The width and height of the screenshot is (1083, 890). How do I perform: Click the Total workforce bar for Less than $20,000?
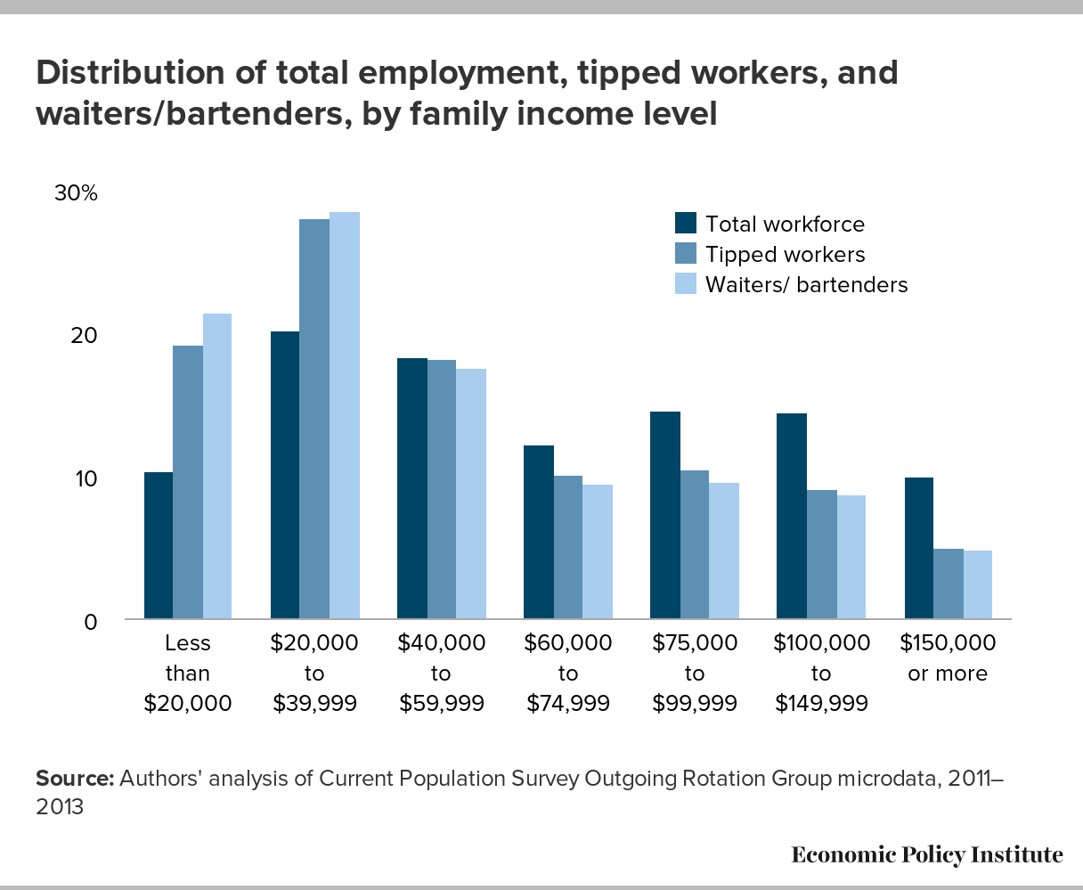[x=159, y=545]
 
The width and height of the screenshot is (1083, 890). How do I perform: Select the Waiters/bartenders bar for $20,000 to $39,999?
[x=345, y=415]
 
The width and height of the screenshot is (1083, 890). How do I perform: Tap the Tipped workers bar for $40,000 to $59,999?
[x=442, y=489]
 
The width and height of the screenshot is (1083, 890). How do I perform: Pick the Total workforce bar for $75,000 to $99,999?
[x=665, y=515]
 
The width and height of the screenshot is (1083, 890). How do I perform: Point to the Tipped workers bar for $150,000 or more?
[x=948, y=584]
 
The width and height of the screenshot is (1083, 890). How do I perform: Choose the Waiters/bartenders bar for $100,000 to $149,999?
[x=851, y=557]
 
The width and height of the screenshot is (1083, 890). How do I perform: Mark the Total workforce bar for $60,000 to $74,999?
[x=539, y=532]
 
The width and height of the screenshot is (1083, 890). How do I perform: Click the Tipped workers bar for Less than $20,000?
[x=188, y=482]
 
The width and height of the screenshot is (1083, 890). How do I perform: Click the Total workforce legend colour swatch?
[x=686, y=223]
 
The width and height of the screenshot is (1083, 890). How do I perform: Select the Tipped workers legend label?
[x=785, y=255]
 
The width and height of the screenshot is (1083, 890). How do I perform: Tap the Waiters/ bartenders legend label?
[x=806, y=285]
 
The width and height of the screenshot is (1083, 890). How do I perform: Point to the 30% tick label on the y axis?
[x=76, y=193]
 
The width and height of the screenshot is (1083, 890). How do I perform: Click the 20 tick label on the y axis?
[x=84, y=336]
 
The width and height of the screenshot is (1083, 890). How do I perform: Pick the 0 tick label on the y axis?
[x=90, y=621]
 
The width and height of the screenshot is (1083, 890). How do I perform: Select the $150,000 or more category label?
[x=948, y=657]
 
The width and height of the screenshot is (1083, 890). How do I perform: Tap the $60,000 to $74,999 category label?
[x=568, y=673]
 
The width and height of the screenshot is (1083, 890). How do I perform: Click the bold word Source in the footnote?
[x=75, y=778]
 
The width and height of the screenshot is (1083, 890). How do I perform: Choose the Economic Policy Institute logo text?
[x=927, y=855]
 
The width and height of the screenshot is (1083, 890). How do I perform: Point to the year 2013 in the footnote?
[x=60, y=807]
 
